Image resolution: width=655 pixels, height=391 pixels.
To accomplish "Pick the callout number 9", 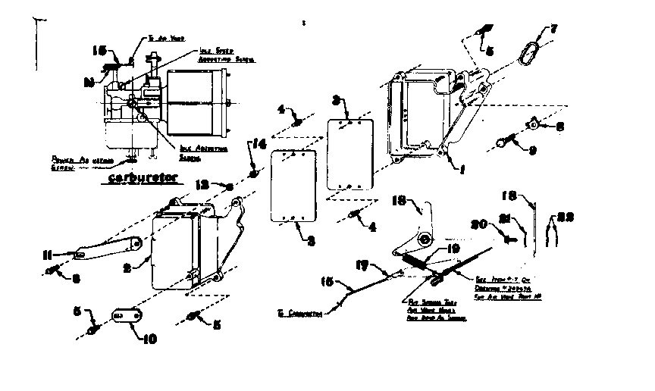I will click(x=532, y=150).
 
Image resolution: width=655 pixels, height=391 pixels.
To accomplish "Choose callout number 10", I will click(x=149, y=339).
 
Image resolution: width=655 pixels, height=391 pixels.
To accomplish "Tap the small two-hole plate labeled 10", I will click(x=122, y=314).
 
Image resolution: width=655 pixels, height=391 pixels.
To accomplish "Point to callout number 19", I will click(x=453, y=247).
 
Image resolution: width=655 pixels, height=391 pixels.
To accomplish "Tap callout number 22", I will click(x=563, y=217).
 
